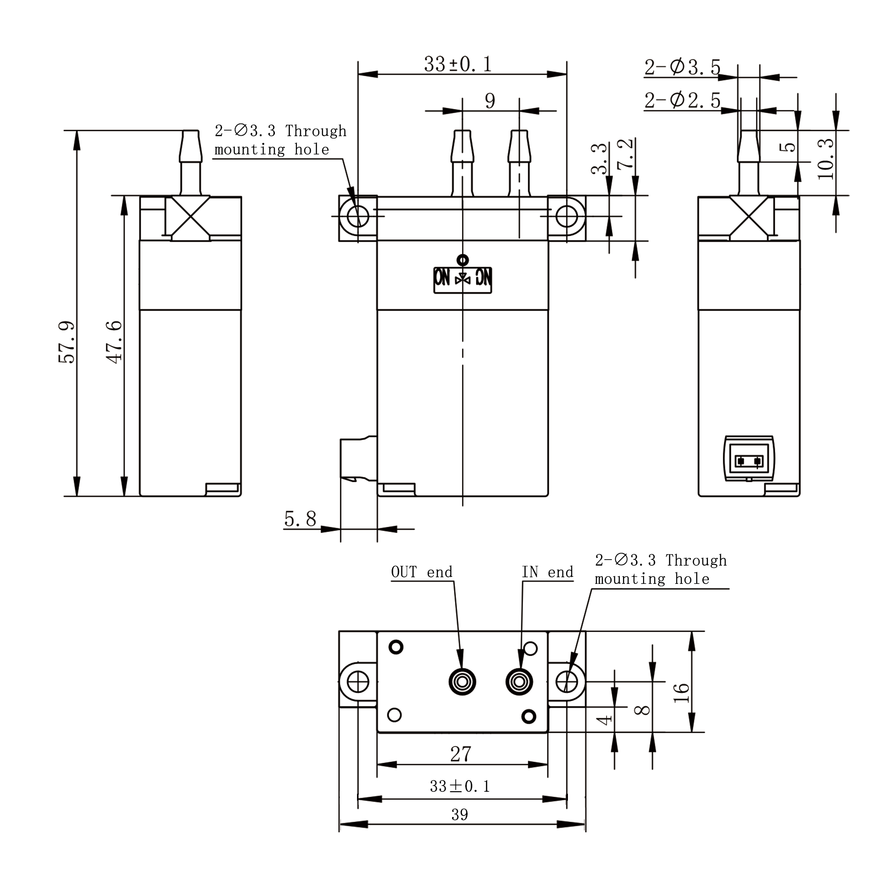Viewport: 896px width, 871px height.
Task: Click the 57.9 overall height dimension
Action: coord(67,342)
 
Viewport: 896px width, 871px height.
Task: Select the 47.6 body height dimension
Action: coord(114,342)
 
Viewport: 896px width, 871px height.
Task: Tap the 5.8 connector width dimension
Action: coord(300,519)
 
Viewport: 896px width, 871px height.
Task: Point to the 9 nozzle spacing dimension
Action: coord(490,101)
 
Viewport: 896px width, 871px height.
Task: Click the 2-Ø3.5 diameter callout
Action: coord(682,67)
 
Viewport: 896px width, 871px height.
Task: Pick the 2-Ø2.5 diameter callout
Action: coord(682,100)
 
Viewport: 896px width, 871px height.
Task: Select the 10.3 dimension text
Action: coord(826,159)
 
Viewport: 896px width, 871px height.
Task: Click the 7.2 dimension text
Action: coord(625,153)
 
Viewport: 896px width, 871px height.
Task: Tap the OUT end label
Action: coord(422,572)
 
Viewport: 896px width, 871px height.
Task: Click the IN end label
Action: coord(547,572)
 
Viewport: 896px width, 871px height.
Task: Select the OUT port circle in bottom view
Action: coord(462,682)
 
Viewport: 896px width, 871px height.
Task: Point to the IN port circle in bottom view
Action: coord(519,682)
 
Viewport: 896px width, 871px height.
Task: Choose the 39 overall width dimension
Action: coord(460,815)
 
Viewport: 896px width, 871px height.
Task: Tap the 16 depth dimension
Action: coord(681,693)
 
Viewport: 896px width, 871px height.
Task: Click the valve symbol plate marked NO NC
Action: coord(462,280)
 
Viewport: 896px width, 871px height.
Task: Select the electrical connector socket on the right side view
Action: coord(749,458)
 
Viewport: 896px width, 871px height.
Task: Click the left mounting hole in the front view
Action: coord(358,216)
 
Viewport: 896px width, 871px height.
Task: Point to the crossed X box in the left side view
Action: coord(190,218)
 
